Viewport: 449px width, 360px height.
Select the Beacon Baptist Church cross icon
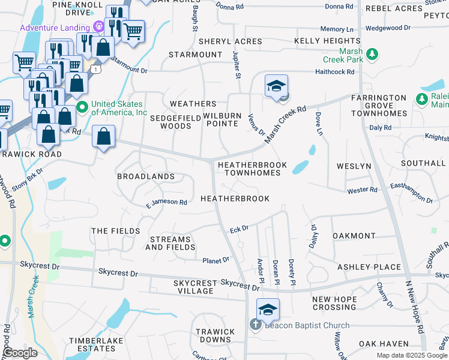[255, 325]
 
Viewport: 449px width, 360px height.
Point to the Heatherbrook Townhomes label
[249, 169]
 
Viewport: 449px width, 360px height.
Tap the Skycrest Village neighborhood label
[193, 287]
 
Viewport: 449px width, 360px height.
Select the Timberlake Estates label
[91, 344]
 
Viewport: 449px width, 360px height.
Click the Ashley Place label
[369, 267]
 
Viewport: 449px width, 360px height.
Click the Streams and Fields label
[170, 243]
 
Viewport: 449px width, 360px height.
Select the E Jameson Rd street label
[166, 202]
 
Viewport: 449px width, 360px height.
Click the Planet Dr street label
[215, 260]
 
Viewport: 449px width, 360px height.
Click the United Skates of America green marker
[82, 108]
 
